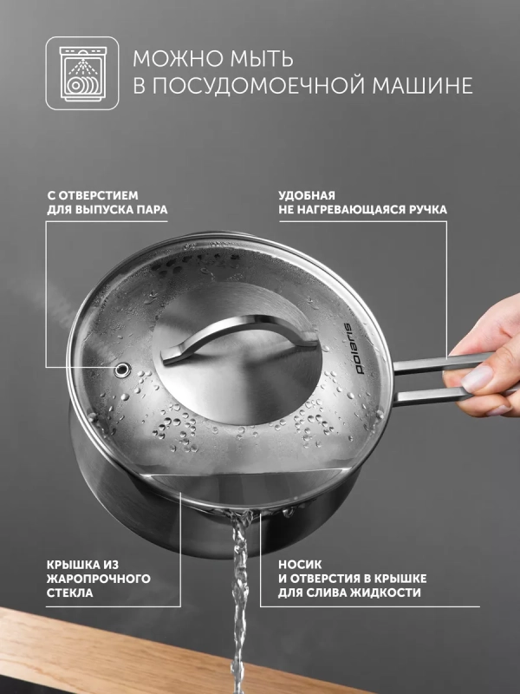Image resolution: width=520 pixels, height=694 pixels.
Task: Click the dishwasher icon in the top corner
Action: (x=81, y=72)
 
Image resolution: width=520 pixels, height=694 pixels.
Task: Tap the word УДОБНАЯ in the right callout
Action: (x=307, y=195)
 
